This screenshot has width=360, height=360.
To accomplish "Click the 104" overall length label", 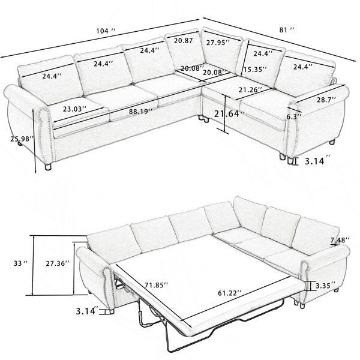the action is (x=106, y=31).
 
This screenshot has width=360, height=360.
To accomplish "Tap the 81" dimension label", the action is (x=287, y=29).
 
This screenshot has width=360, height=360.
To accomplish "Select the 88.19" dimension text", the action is (x=140, y=112).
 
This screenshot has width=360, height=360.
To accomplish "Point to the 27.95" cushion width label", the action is (x=218, y=43).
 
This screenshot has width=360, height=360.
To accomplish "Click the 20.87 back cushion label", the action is (x=183, y=41).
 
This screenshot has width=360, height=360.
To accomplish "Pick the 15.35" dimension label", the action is (x=255, y=70).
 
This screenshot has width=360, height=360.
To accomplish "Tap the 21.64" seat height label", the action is (x=229, y=114).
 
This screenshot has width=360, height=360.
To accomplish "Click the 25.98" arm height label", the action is (x=22, y=139).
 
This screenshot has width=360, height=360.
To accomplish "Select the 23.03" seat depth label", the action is (x=75, y=109).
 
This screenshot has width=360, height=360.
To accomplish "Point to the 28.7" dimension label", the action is (x=326, y=100).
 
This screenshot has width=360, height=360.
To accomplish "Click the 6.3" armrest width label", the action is (x=293, y=116).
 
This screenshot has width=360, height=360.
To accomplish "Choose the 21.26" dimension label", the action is (x=250, y=89).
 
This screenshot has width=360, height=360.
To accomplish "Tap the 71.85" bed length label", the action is (x=157, y=285).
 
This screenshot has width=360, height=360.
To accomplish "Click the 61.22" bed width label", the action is (x=230, y=293).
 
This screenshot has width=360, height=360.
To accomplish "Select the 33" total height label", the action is (x=20, y=263).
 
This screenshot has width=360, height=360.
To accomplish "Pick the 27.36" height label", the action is (x=58, y=263).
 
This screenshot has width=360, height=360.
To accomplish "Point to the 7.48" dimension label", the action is (x=340, y=240).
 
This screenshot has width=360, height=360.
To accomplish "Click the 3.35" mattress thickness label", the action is (x=326, y=286).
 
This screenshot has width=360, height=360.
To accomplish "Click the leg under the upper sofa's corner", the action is (x=204, y=119).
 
